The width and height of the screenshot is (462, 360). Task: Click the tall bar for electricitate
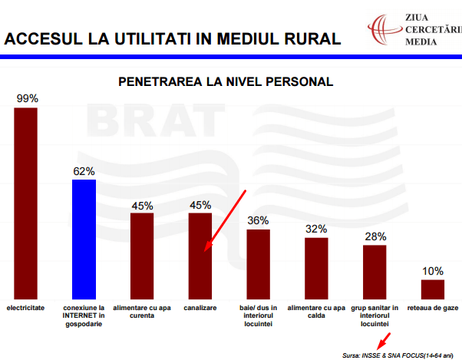click(x=25, y=203)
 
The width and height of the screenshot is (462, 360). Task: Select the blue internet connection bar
click(x=84, y=239)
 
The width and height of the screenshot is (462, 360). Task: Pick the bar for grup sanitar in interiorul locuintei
click(x=375, y=272)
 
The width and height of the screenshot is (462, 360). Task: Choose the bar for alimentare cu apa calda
click(x=316, y=268)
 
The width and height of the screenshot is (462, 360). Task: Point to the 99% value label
click(x=26, y=99)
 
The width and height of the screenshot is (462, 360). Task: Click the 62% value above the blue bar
click(x=84, y=171)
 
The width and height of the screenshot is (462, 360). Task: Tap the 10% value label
click(x=432, y=271)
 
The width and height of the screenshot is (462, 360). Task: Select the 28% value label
click(x=375, y=236)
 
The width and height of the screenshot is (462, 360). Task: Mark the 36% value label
click(x=258, y=220)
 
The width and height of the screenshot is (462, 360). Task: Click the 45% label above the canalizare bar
click(x=200, y=205)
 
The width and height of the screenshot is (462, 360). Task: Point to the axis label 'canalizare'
click(x=200, y=308)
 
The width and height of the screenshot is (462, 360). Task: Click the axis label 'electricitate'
click(x=26, y=308)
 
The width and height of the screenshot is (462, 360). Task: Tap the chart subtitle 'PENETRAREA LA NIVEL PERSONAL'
click(x=225, y=81)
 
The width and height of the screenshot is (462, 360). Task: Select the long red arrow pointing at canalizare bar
click(x=225, y=220)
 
